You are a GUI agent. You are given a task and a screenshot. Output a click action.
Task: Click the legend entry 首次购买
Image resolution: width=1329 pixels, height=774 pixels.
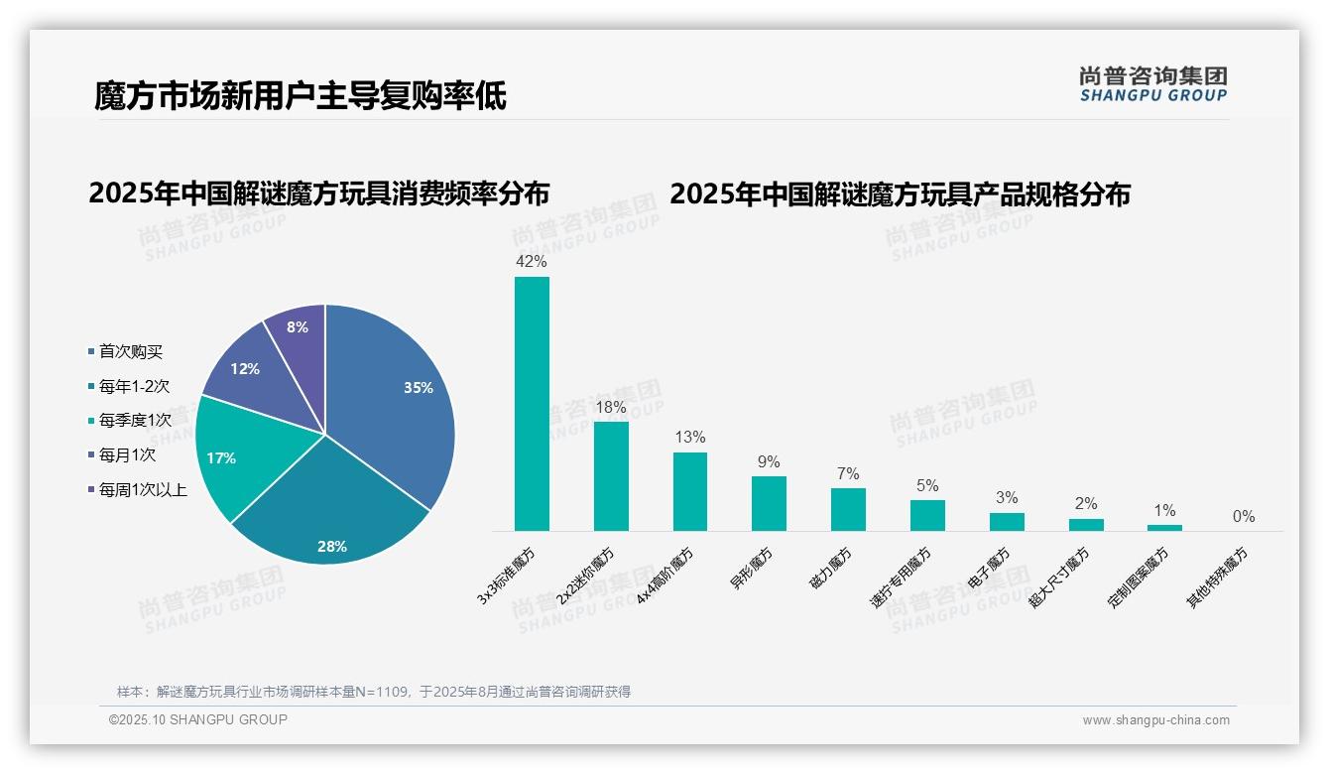130,352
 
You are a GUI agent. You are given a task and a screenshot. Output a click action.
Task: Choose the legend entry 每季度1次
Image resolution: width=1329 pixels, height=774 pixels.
135,421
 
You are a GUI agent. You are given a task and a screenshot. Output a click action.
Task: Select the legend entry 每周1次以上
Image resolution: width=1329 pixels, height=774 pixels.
142,489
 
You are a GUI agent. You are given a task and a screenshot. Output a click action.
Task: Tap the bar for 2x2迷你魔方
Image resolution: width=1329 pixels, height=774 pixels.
611,476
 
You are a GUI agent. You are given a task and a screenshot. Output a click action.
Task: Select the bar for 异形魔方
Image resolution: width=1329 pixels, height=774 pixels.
769,503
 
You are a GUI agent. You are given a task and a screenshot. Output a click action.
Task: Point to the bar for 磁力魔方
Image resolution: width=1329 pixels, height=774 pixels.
848,509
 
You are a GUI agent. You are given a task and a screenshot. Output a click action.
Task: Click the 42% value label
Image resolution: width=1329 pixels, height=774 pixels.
532,262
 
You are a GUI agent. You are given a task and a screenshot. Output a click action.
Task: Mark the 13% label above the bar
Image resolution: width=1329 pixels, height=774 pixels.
689,438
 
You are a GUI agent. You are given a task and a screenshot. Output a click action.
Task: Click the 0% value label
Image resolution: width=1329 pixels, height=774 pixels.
1244,517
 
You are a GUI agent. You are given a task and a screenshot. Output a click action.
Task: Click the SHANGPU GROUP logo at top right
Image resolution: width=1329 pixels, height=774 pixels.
1153,84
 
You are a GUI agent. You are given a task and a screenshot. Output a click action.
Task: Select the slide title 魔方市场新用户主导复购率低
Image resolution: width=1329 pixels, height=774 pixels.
301,96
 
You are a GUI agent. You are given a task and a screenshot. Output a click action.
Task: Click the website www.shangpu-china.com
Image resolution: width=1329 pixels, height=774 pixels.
1155,720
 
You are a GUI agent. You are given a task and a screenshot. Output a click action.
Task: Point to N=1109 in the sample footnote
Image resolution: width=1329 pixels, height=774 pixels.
383,692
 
